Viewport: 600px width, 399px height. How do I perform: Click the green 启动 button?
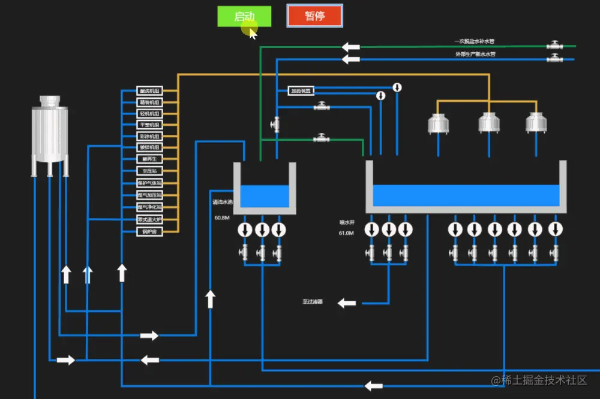coord(244,16)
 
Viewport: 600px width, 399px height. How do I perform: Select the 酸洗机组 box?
coord(149,91)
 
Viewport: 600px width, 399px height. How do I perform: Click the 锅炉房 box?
coord(149,231)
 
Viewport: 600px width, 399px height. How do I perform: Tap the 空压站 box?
coord(149,171)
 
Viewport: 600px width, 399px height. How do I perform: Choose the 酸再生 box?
coord(149,159)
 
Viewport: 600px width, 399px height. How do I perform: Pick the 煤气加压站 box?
coord(149,195)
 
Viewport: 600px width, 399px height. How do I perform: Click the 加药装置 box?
coord(301,91)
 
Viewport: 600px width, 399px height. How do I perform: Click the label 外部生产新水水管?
coord(475,54)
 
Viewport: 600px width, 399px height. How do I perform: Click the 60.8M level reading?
coord(222,218)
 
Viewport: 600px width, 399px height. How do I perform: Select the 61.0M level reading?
coord(346,233)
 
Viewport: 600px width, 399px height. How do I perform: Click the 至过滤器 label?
coord(313,302)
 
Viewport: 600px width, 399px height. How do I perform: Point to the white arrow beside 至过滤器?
coord(347,303)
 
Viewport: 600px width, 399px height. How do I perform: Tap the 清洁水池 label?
coord(221,202)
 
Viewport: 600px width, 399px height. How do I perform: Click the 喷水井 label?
coord(347,222)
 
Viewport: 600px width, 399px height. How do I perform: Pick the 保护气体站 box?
coord(149,183)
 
